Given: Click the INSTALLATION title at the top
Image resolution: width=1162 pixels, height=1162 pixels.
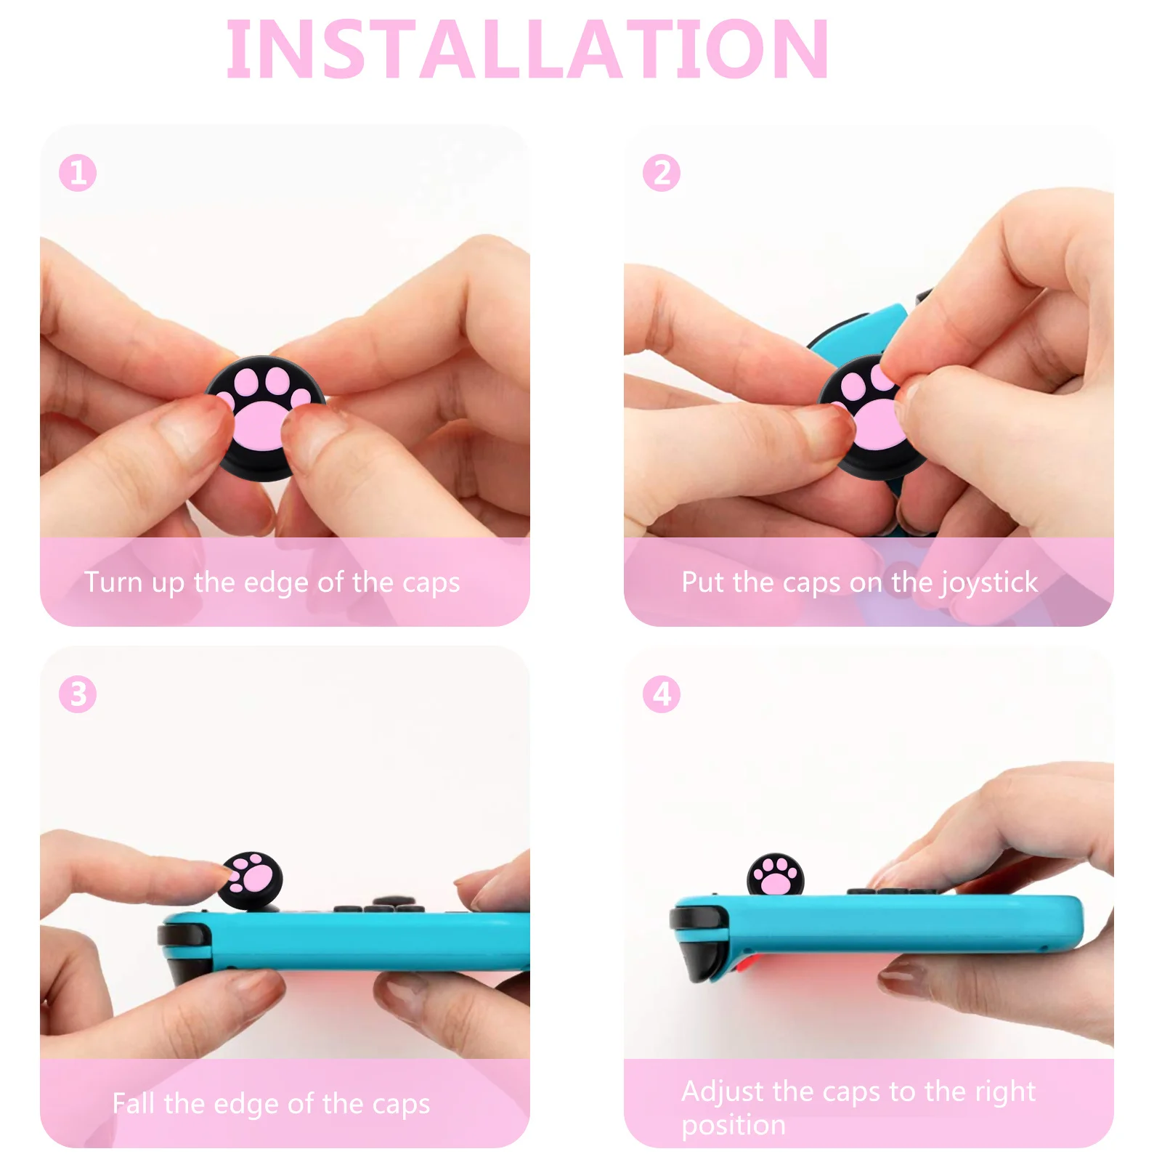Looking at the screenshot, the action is point(527,49).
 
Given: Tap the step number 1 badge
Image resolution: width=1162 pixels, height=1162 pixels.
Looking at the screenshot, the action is point(78,173).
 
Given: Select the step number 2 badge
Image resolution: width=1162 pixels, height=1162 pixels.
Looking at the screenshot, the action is point(662,173).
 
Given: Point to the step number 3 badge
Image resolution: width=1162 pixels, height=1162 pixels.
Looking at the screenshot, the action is point(78,694).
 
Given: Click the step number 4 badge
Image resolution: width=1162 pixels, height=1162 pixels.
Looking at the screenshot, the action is point(662,694).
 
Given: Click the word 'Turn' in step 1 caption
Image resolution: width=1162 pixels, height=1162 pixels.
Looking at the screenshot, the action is point(113,582).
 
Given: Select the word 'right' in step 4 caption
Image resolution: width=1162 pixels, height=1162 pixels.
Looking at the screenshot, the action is point(1005,1092).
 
